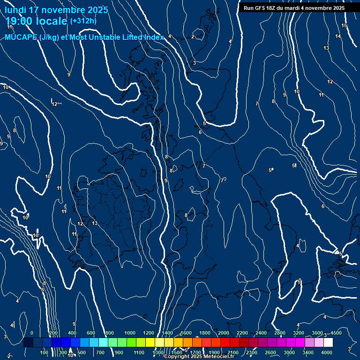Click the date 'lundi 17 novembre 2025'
pyautogui.click(x=56, y=10)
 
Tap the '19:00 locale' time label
pyautogui.click(x=36, y=21)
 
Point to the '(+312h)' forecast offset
pyautogui.click(x=83, y=21)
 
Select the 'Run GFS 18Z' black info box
pyautogui.click(x=294, y=8)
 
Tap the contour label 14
pyautogui.click(x=338, y=37)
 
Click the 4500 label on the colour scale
pyautogui.click(x=336, y=333)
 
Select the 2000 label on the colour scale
pyautogui.click(x=224, y=333)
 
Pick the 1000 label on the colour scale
pyautogui.click(x=130, y=333)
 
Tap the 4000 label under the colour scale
pyautogui.click(x=327, y=352)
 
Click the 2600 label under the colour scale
pyautogui.click(x=270, y=352)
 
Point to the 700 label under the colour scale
pyautogui.click(x=100, y=352)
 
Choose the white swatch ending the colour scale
pyautogui.click(x=328, y=343)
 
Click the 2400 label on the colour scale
pyautogui.click(x=261, y=333)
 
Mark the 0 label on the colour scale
pyautogui.click(x=31, y=333)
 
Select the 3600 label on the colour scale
pyautogui.click(x=317, y=333)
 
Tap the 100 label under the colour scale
pyautogui.click(x=44, y=352)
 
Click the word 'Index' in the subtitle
pyautogui.click(x=153, y=37)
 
